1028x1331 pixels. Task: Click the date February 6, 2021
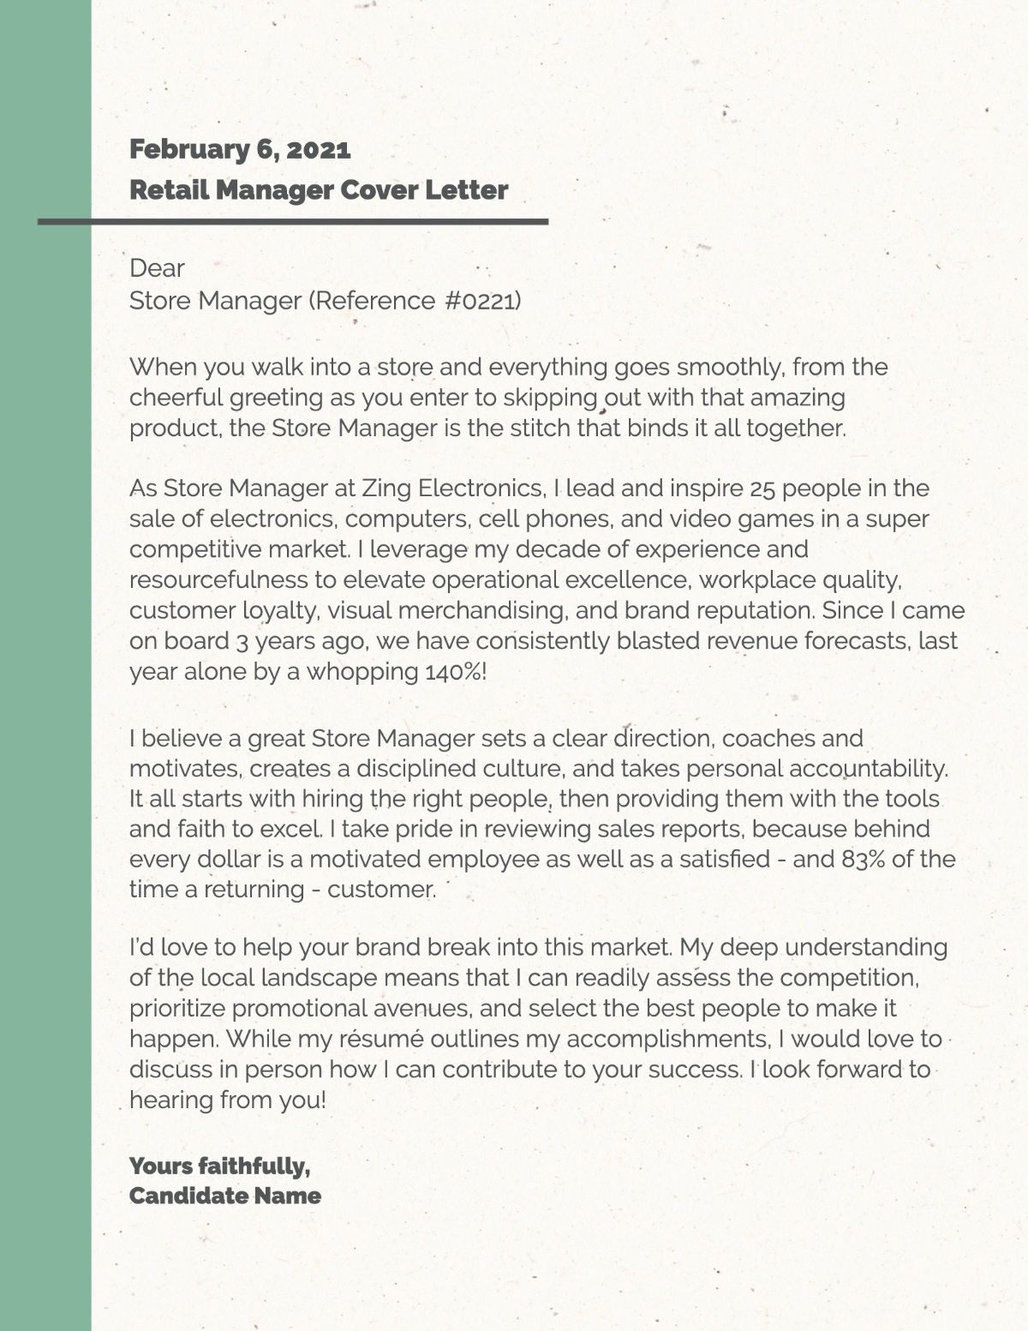coord(240,149)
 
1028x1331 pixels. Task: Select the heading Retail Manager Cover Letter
coord(319,189)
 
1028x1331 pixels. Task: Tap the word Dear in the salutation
coord(157,268)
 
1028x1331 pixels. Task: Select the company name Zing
coord(386,489)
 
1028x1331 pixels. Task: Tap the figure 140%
coord(455,672)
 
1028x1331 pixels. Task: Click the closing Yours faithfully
coord(219,1166)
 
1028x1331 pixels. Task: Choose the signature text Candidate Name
coord(224,1196)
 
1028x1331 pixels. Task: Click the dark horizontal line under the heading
coord(292,222)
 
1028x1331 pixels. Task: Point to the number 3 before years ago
coord(242,642)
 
